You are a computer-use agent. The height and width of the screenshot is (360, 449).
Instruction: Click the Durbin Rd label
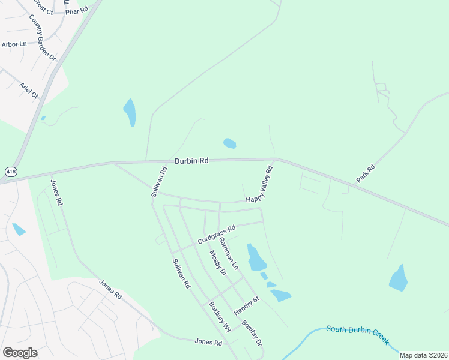tap(191, 161)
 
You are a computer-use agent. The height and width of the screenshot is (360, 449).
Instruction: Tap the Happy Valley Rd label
tap(259, 185)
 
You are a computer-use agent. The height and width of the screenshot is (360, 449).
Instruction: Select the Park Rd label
tap(365, 173)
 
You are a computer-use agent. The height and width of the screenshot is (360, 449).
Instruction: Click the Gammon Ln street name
tap(229, 252)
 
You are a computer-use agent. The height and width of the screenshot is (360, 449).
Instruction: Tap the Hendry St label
tap(247, 307)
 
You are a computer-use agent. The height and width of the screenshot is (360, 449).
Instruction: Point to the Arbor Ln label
tap(14, 44)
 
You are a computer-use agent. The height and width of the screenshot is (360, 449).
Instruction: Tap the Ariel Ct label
tap(28, 90)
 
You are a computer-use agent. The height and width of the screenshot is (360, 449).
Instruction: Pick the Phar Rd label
tap(76, 11)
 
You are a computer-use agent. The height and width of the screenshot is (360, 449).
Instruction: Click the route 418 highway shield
tap(11, 172)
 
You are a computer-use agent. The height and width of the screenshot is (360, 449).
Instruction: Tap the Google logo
tap(20, 352)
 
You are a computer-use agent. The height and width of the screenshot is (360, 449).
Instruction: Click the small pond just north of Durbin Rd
tap(229, 143)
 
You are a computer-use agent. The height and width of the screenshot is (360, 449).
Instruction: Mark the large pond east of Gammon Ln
tap(256, 258)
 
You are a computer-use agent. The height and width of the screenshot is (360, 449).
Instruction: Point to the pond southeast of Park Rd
tap(398, 278)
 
